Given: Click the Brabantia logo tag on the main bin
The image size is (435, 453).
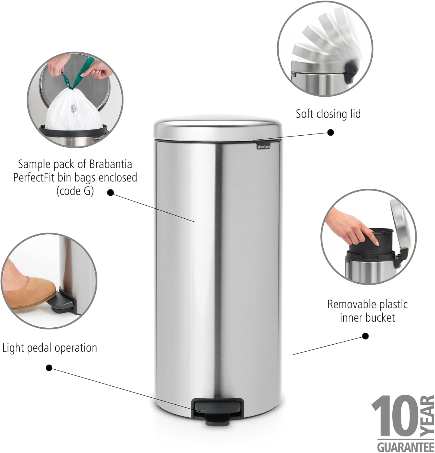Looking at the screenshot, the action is [263, 146].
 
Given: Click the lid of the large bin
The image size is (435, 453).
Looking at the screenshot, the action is [217, 130].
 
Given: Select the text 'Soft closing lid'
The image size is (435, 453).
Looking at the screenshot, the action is [328, 114].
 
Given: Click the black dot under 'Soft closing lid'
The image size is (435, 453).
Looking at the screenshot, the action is [331, 132].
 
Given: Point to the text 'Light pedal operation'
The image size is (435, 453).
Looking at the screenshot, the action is [50, 348].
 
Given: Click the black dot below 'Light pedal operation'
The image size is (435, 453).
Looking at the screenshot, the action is [49, 368].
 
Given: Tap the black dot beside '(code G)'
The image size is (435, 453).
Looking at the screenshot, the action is [110, 192].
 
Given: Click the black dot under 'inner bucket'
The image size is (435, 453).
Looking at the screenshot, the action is [365, 336].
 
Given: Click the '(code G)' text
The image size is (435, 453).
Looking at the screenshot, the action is [75, 191].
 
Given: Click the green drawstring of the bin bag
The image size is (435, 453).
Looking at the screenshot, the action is [75, 75].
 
